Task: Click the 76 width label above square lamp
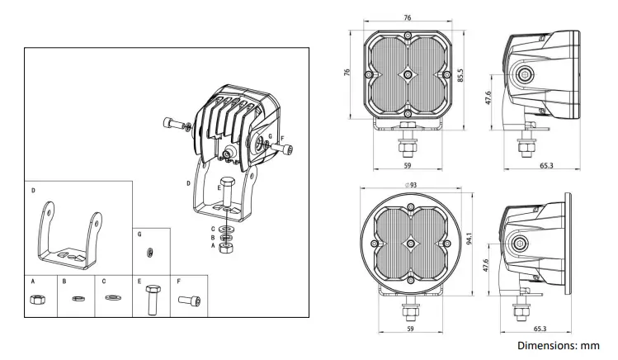408,17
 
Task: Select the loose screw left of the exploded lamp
172,124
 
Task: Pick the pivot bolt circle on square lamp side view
524,76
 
